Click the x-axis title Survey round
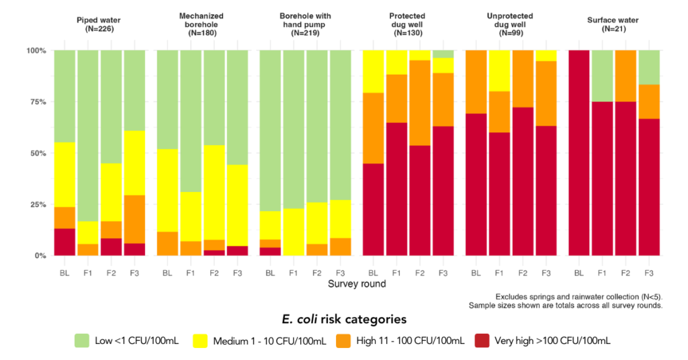(357, 284)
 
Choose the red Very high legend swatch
(484, 341)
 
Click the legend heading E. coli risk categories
(343, 319)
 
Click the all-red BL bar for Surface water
(579, 153)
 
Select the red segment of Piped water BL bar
(64, 242)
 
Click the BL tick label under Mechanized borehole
(167, 273)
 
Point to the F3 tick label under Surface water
(648, 273)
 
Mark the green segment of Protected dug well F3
(443, 54)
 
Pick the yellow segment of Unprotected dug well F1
(499, 71)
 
